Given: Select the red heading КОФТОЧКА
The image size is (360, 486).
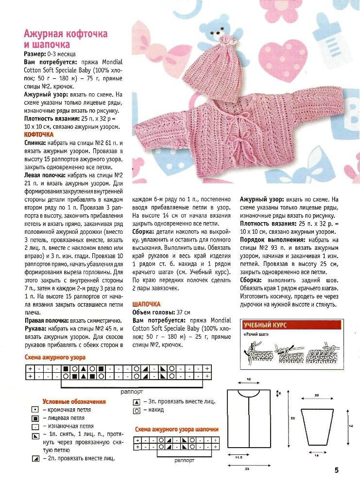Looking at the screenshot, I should click(x=39, y=134).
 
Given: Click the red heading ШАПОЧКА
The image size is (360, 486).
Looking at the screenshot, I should click(x=147, y=303).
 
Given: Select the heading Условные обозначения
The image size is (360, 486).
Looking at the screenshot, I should click(x=74, y=402).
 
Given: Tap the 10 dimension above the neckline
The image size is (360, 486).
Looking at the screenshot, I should click(x=248, y=379).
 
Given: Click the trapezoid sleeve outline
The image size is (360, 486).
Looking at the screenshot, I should click(x=317, y=426).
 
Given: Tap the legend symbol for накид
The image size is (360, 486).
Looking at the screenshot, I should click(x=137, y=411).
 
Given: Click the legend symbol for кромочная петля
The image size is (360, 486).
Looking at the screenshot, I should click(x=35, y=410).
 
